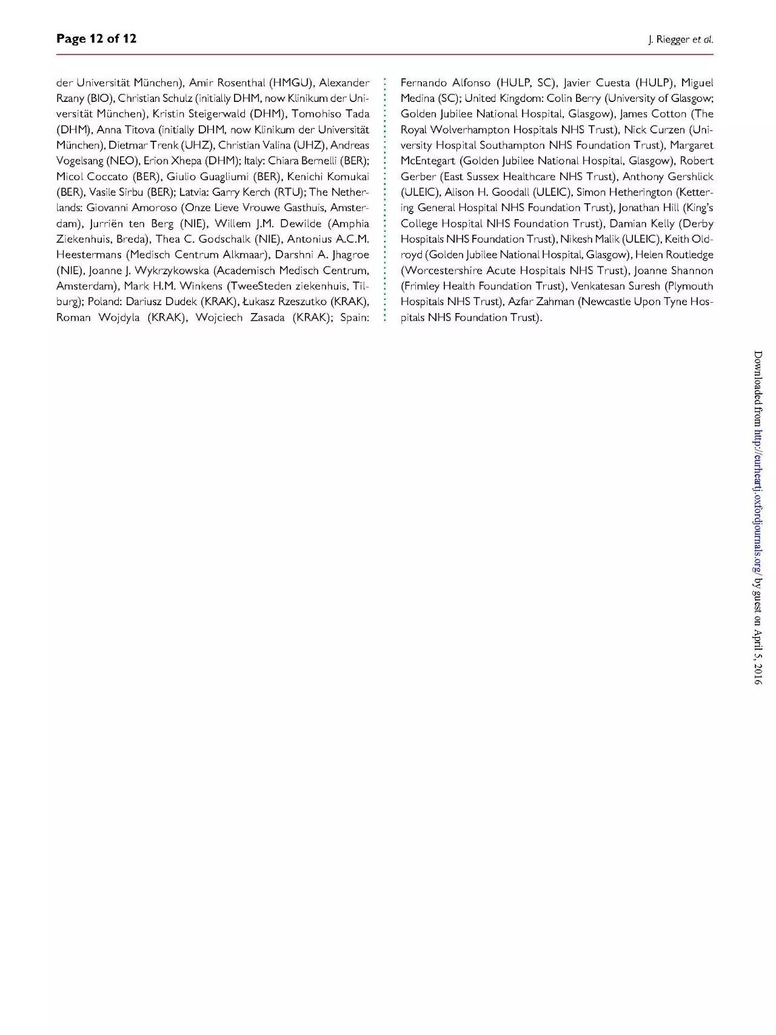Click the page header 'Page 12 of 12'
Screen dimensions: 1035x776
coord(96,39)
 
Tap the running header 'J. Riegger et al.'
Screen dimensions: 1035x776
coord(680,40)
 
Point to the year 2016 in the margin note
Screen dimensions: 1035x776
coord(757,673)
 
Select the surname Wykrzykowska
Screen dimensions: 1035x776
coord(165,271)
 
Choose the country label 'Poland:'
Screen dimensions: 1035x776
coord(105,302)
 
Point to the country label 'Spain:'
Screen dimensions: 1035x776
coord(355,317)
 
